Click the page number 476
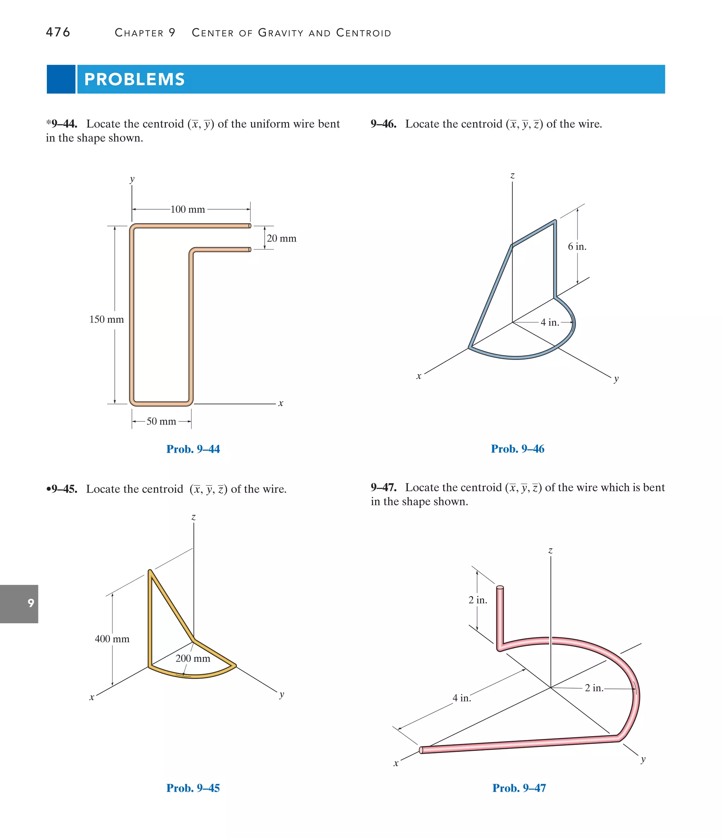[x=58, y=32]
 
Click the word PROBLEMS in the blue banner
[x=134, y=79]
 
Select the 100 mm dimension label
[x=188, y=209]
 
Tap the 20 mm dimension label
[x=282, y=239]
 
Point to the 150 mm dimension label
[x=106, y=319]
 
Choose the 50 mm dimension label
[x=161, y=421]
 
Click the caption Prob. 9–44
[x=193, y=449]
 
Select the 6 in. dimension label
[x=577, y=247]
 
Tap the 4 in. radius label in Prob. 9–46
[x=550, y=322]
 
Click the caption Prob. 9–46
[x=517, y=449]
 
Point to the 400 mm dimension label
[x=112, y=639]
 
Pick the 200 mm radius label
[x=193, y=659]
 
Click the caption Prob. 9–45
[x=193, y=788]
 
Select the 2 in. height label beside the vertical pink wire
[x=478, y=600]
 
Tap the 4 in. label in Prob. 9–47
[x=461, y=698]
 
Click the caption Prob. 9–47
[x=519, y=788]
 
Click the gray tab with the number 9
[x=19, y=604]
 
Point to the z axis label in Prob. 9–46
[x=512, y=176]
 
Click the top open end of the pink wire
[x=500, y=587]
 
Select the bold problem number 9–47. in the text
[x=384, y=487]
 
